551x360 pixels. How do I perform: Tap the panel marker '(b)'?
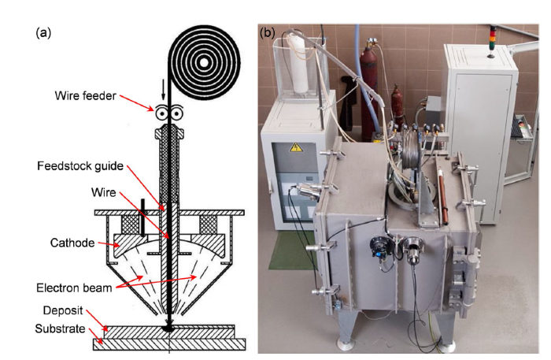coord(268,33)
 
